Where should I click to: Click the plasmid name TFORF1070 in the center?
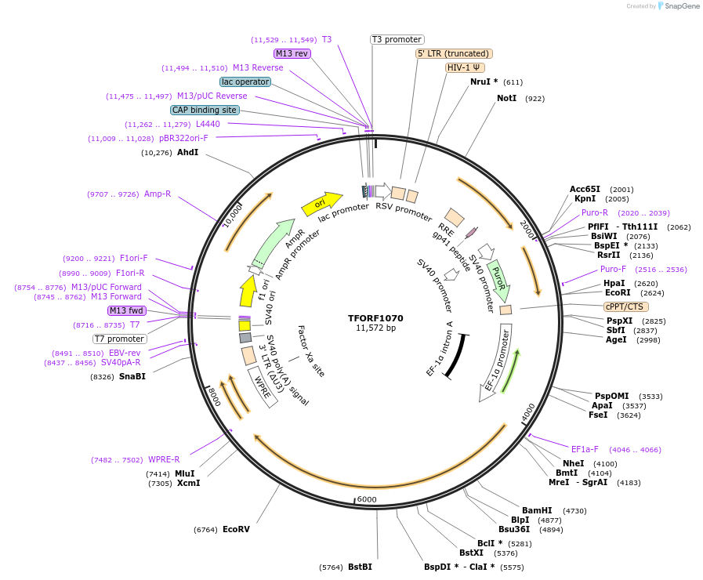[x=375, y=318]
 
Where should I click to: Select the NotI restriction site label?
[x=506, y=99]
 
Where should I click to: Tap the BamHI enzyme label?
[x=537, y=511]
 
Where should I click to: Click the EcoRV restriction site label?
[x=236, y=530]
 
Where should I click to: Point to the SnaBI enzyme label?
[x=132, y=376]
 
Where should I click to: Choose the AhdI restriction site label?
[x=187, y=152]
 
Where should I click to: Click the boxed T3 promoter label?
[x=397, y=39]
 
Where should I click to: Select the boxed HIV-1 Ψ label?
[x=465, y=67]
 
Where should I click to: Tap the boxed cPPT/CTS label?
[x=624, y=306]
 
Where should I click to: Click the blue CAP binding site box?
[x=205, y=111]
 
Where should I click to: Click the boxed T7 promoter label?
[x=120, y=339]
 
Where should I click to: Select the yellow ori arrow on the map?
[x=321, y=204]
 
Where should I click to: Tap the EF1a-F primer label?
[x=585, y=450]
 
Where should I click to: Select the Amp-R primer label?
[x=157, y=194]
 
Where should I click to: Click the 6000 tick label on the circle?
[x=367, y=500]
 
